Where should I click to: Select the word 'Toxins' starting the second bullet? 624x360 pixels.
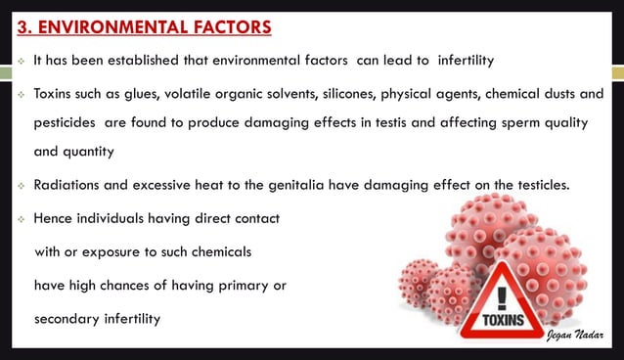[54, 93]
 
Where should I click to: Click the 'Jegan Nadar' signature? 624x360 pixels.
[576, 335]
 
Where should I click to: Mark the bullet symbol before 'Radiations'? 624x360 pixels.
[19, 186]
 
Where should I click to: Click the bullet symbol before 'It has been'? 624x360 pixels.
[19, 62]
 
